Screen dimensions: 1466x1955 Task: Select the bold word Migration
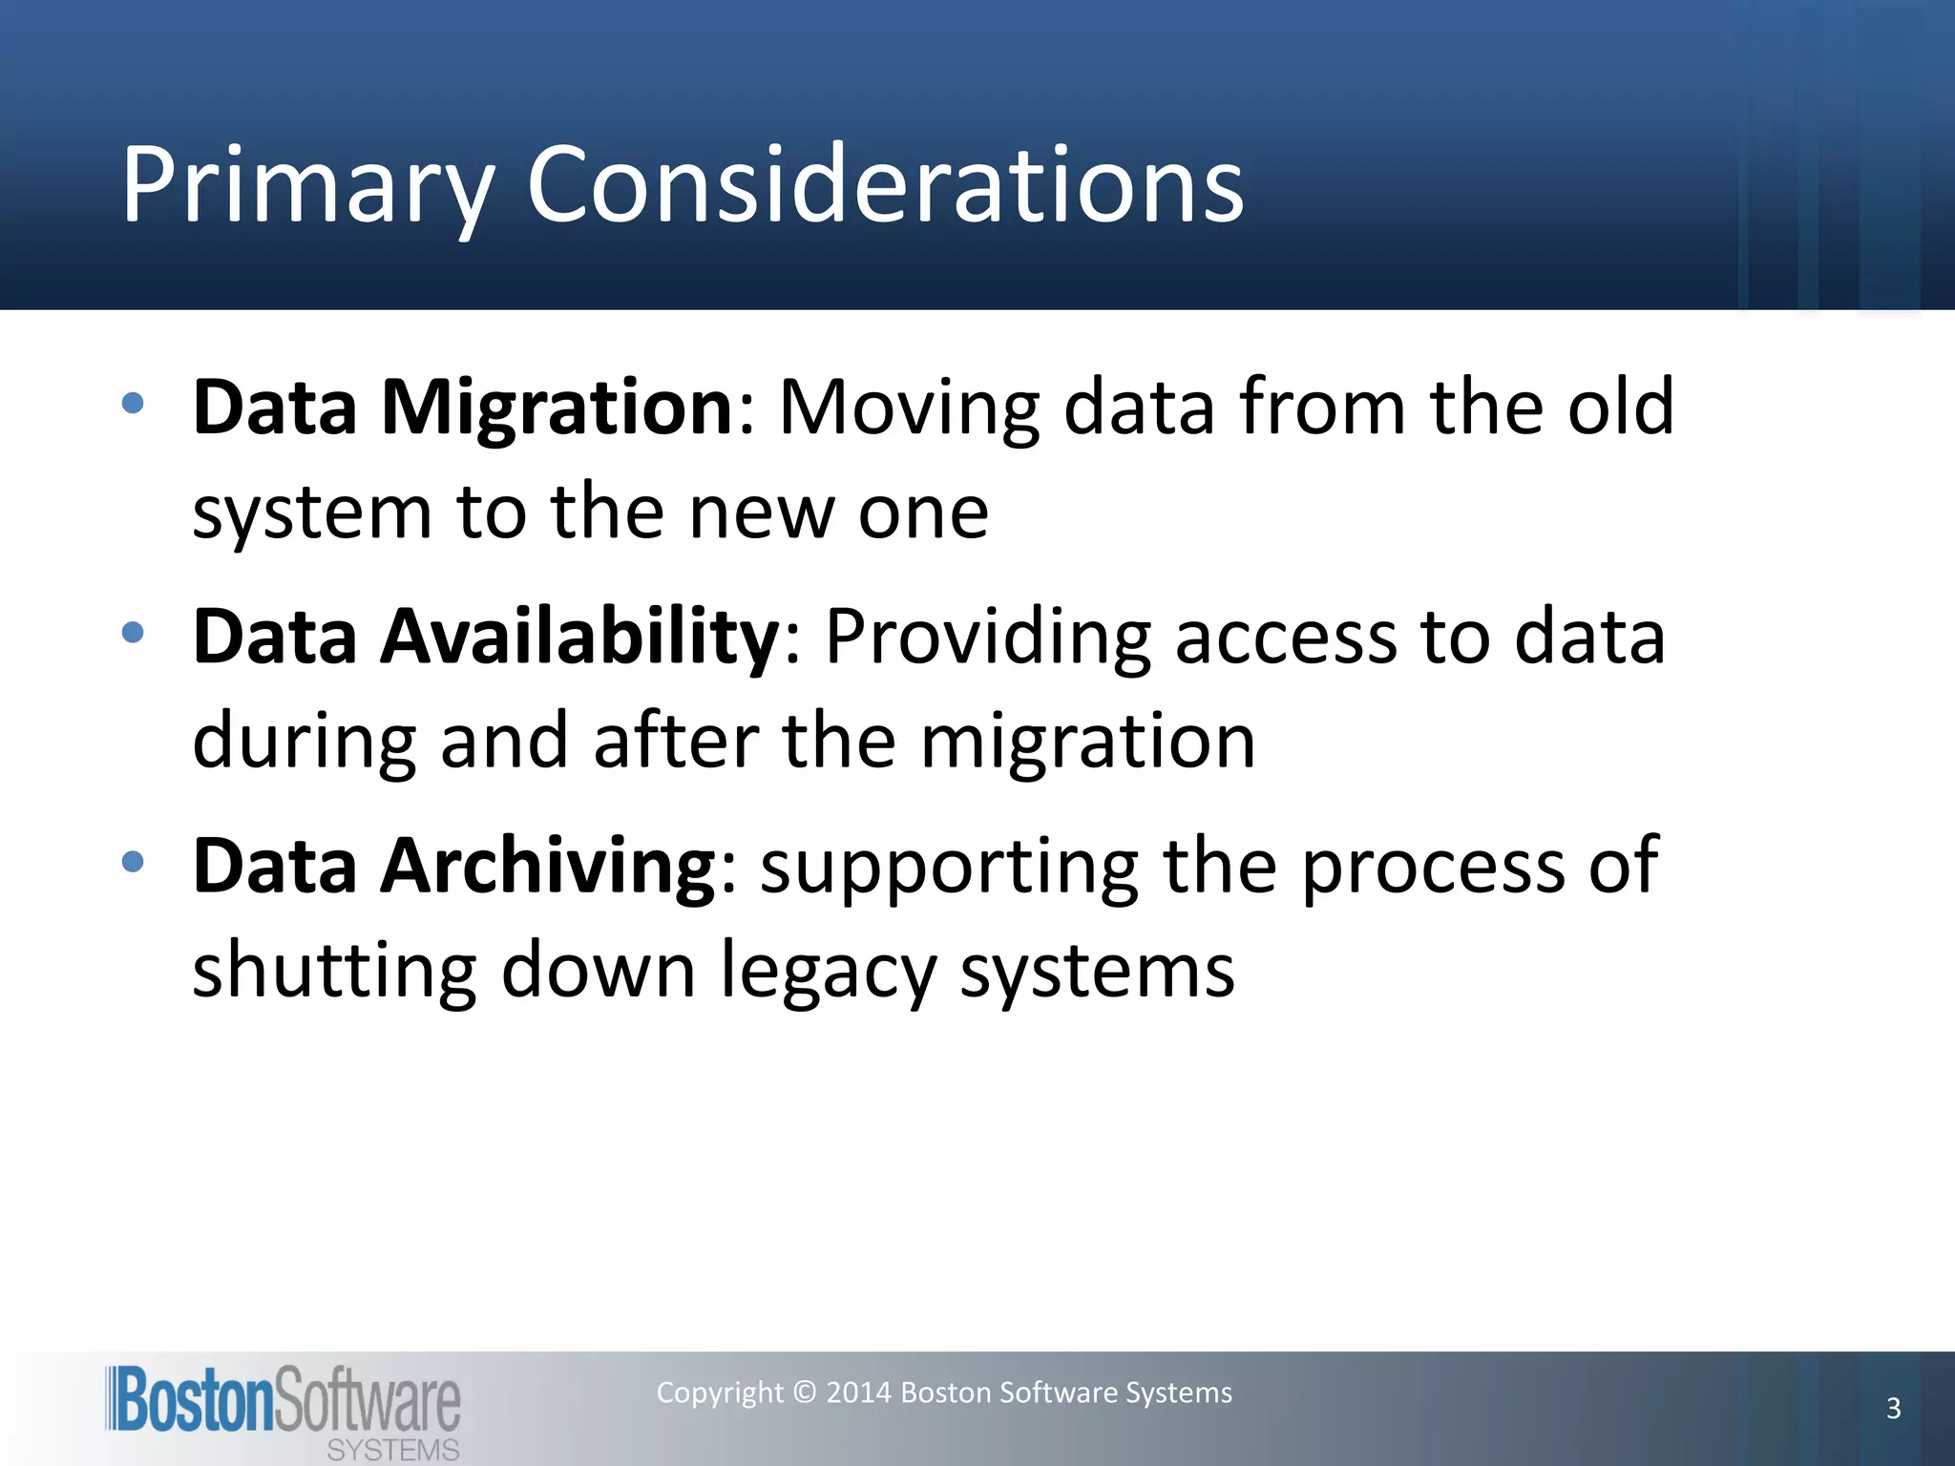pos(557,408)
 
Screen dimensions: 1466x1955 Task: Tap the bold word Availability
pos(580,637)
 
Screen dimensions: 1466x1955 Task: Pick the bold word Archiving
pos(548,866)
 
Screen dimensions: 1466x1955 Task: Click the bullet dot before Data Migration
pos(133,403)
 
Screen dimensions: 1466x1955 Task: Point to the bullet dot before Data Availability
pos(133,632)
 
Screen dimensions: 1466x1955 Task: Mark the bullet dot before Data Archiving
pos(133,862)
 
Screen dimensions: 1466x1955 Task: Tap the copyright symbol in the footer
pos(805,1393)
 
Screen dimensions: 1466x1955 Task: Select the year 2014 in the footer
pos(858,1393)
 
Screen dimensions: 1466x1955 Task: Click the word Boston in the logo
pos(194,1400)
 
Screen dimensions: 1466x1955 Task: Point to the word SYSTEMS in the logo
pos(392,1450)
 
